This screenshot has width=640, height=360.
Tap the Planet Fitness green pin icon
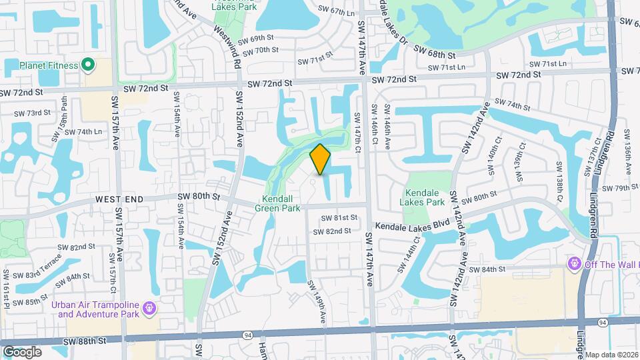pos(88,65)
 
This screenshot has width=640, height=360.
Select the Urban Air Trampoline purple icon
pos(148,308)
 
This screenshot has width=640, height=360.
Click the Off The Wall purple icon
pos(573,265)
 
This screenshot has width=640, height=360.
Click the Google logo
pos(22,351)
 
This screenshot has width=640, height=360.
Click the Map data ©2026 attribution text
pos(611,355)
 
